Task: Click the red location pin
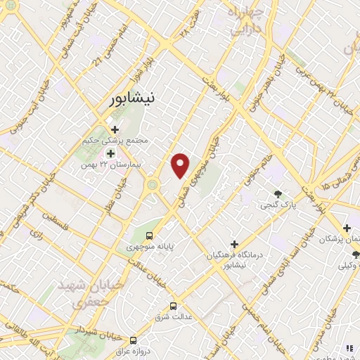tap(181, 165)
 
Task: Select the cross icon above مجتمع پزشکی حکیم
tap(115, 129)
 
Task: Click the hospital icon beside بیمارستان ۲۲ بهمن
tap(110, 153)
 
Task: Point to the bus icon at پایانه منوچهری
tap(149, 236)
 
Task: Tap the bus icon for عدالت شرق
tap(174, 306)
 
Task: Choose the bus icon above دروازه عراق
tap(133, 340)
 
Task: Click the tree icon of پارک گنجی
tap(279, 194)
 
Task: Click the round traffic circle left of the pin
tap(153, 185)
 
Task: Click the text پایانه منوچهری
tap(149, 247)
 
